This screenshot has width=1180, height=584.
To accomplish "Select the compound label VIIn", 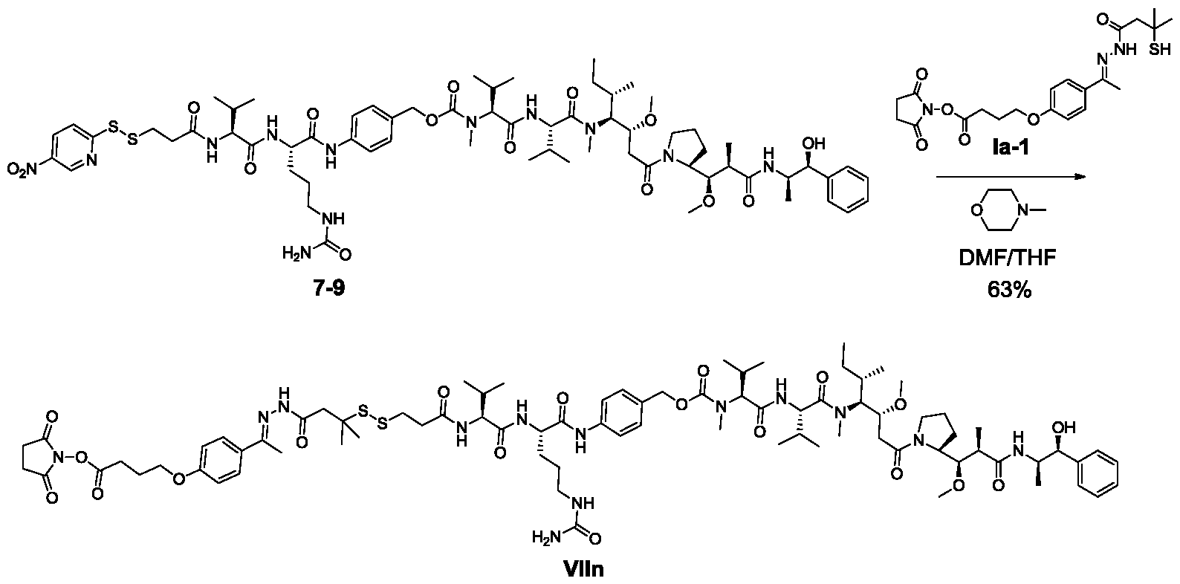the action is [583, 569].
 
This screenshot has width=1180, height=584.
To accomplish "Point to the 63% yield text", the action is [1009, 289].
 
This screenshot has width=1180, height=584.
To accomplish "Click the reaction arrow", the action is [1011, 177].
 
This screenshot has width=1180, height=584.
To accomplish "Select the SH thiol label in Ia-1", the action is [1158, 50].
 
